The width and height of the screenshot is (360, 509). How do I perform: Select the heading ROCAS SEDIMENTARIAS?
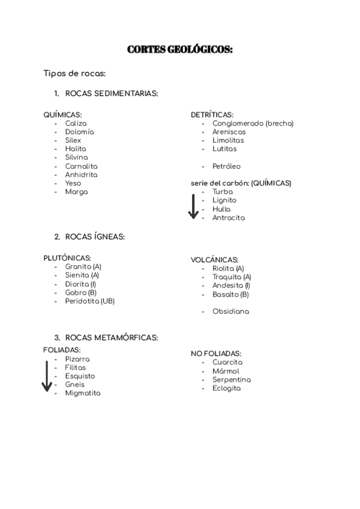[x=112, y=94]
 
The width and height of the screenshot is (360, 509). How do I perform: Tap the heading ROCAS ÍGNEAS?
[x=95, y=236]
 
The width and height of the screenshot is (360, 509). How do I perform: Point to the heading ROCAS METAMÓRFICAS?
[x=112, y=338]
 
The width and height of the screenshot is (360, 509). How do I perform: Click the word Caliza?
[x=76, y=123]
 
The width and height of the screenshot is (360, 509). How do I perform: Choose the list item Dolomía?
[x=80, y=132]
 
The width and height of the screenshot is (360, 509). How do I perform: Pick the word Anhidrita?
[x=81, y=175]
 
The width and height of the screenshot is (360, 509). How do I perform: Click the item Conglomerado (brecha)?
[x=253, y=123]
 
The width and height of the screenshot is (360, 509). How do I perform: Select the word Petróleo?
[x=226, y=166]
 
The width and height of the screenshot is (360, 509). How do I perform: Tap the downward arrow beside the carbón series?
[x=193, y=206]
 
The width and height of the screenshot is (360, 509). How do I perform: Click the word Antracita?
[x=229, y=218]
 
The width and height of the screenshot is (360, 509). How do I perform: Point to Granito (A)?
[x=83, y=267]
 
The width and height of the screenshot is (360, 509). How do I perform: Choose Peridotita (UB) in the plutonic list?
[x=90, y=301]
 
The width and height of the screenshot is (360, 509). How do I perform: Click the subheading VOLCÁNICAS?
[x=214, y=260]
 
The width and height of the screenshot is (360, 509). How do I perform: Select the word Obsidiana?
[x=230, y=312]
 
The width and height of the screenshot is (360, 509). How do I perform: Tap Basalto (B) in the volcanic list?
[x=230, y=295]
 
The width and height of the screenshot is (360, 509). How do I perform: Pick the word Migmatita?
[x=83, y=393]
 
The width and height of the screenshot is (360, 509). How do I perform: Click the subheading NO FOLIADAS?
[x=216, y=354]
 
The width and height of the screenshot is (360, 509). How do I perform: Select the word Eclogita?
[x=226, y=388]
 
